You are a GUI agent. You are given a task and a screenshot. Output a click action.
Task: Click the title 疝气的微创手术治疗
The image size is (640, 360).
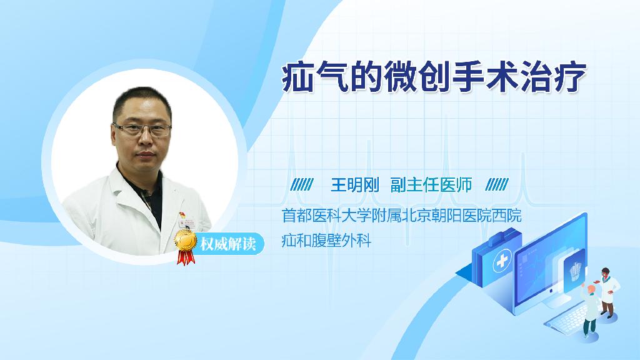coord(434,77)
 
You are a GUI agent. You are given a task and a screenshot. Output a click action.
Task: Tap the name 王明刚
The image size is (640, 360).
coord(355,185)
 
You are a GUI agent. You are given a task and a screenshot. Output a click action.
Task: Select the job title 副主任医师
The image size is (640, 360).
coord(431,185)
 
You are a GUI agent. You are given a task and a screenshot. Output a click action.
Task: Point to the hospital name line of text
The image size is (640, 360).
coord(402,216)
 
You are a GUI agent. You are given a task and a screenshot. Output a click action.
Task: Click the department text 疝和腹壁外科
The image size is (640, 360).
coord(326,241)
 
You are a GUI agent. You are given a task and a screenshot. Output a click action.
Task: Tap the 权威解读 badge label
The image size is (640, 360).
coord(227,244)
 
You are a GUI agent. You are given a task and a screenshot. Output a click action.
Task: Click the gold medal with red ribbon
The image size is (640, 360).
coord(185,246)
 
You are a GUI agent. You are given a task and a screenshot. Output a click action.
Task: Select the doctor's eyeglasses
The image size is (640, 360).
coord(142,130)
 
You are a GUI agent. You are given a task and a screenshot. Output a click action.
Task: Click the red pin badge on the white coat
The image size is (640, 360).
coord(182,215)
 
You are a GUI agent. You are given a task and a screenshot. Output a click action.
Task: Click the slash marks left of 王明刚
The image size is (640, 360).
coord(302,184)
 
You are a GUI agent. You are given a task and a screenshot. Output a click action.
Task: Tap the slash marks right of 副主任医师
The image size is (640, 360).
coord(497,184)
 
